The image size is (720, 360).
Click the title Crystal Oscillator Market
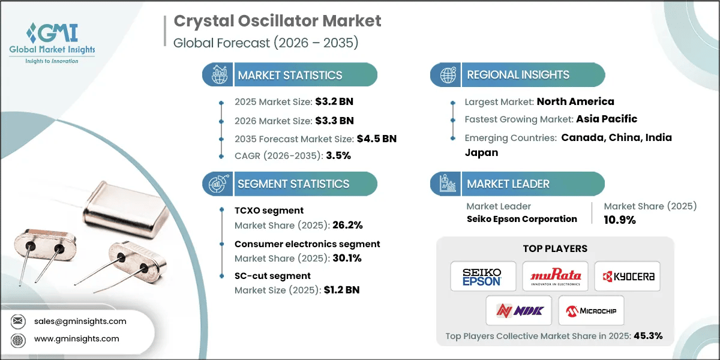point(277,21)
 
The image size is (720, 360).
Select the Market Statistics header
point(290,75)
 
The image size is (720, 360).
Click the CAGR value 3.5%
point(338,155)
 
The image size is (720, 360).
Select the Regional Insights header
point(518,75)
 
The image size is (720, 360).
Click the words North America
point(575,101)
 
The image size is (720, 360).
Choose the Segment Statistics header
point(293,184)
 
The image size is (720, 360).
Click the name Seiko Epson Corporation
point(521,219)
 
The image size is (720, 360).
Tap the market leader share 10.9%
point(620,220)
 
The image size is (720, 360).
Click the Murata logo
point(555,277)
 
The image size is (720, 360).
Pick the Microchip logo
point(591,311)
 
